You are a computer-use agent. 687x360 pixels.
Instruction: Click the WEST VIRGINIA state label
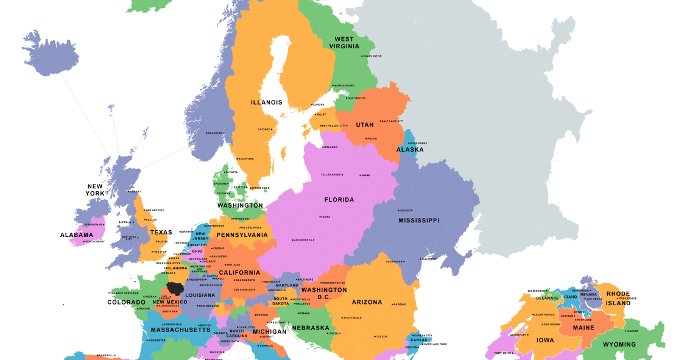point(344,43)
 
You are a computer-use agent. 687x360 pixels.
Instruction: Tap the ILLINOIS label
point(267,102)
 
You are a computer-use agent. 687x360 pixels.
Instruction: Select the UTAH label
point(365,125)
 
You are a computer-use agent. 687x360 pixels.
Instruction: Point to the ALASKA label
point(410,149)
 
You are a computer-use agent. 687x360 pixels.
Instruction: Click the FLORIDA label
point(339,200)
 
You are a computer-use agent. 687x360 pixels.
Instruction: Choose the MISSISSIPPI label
point(418,221)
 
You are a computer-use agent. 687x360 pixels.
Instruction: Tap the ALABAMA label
point(77,235)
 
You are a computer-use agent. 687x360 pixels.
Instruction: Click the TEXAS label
point(161,232)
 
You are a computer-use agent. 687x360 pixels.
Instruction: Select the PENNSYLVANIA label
point(242,235)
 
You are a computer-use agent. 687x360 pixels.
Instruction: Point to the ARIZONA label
point(367,302)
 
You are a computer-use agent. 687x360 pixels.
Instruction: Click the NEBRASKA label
point(311,328)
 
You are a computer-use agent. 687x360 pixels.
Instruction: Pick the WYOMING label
point(619,344)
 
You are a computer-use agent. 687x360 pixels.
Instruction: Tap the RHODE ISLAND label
point(618,298)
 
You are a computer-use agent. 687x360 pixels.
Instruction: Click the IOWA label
point(545,341)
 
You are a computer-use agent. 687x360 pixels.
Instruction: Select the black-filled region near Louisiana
point(176,288)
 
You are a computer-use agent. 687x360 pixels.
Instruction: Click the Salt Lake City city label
point(392,121)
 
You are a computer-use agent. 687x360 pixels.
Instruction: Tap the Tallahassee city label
point(331,175)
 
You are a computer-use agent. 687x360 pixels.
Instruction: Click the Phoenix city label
point(399,304)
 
